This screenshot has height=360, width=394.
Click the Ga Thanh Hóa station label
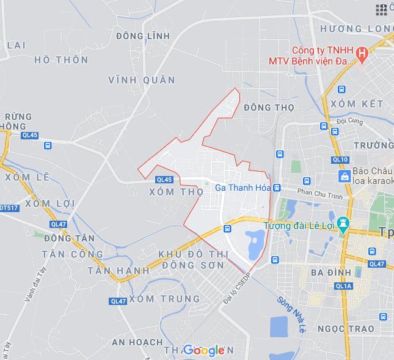[243, 188]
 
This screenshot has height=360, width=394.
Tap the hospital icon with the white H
[362, 54]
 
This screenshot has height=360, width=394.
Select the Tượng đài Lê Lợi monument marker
[343, 225]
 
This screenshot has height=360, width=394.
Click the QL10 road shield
[340, 160]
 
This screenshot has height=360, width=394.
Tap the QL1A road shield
[344, 285]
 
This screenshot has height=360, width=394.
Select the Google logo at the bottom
[204, 350]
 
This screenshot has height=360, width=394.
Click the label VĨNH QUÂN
[141, 80]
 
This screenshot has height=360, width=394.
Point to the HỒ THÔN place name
[61, 60]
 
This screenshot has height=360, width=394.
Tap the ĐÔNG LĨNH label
[142, 37]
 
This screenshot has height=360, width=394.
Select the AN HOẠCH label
[137, 342]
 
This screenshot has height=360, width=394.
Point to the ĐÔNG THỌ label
[268, 108]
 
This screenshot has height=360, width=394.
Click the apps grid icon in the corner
[382, 9]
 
